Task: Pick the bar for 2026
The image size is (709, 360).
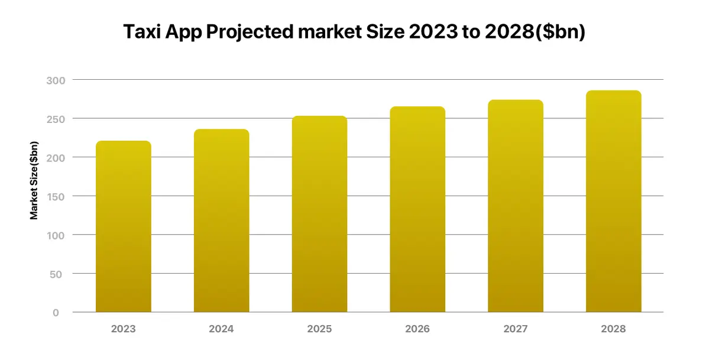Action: pos(417,209)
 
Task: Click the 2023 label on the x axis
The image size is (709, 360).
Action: pos(123,329)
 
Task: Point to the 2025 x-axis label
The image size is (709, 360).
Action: pos(319,329)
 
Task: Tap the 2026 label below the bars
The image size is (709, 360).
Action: pos(417,329)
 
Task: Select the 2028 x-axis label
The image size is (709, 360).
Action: pos(613,329)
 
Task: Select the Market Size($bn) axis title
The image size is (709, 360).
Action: pos(34,181)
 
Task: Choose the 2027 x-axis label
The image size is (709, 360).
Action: pos(515,329)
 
